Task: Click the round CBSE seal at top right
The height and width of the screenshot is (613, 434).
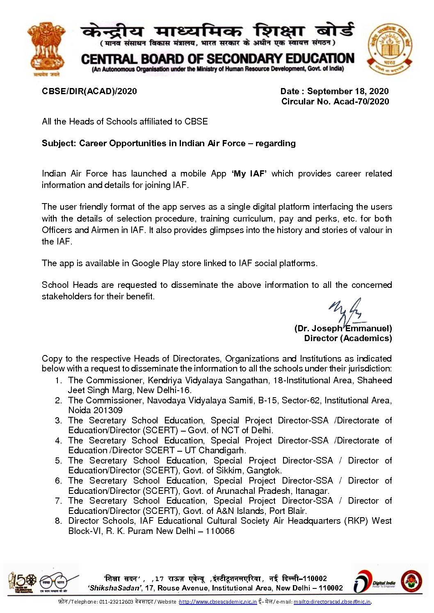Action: click(389, 49)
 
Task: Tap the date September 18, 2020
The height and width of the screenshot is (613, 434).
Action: click(348, 91)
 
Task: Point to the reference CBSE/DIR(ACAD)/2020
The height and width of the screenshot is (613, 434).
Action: click(89, 91)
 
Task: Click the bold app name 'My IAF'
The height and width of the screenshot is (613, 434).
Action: click(249, 174)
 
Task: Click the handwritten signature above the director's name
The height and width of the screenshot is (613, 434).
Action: click(347, 311)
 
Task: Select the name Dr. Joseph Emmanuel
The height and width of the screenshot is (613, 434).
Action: click(343, 328)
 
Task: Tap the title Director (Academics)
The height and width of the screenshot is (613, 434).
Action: click(348, 338)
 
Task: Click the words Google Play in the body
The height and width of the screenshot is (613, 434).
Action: click(155, 263)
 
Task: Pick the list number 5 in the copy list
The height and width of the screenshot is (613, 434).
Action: click(58, 461)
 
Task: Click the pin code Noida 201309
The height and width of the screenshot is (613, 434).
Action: click(95, 410)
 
